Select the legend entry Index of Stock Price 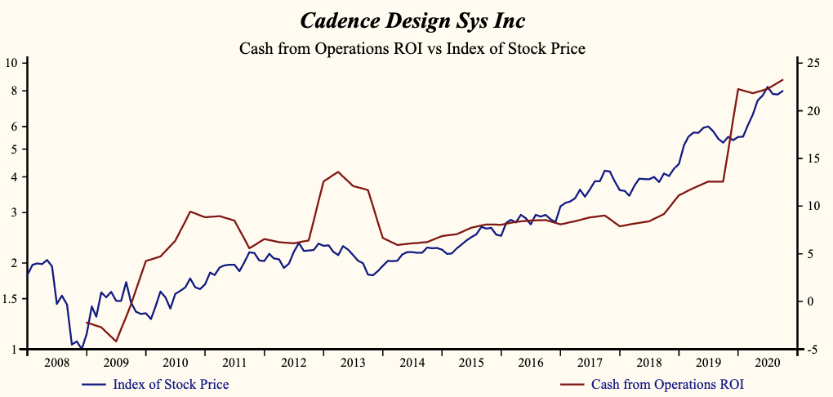click(171, 384)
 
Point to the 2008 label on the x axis click(56, 362)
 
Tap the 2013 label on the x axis click(353, 362)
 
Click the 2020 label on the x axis click(768, 362)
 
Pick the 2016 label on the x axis click(531, 362)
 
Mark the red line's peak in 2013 click(338, 172)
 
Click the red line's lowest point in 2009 click(116, 341)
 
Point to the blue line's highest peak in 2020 click(768, 87)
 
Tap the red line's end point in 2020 click(783, 79)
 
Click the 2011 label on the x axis click(234, 362)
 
